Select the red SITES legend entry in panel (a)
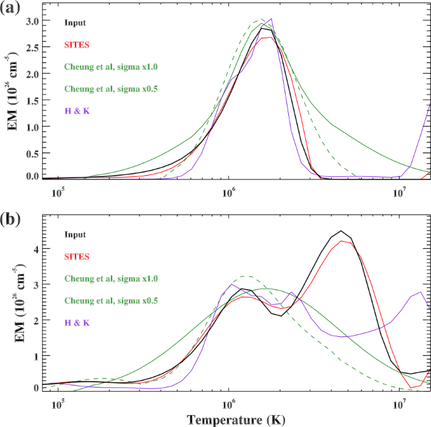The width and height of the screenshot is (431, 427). pyautogui.click(x=76, y=44)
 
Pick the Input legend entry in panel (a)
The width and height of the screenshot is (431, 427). pyautogui.click(x=74, y=23)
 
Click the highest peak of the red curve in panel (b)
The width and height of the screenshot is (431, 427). pyautogui.click(x=342, y=241)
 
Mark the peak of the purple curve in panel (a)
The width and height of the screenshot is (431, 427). pyautogui.click(x=271, y=19)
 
